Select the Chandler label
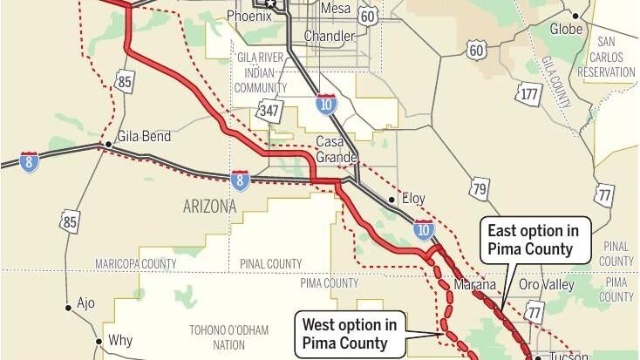tap(329, 37)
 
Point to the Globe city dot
tap(575, 17)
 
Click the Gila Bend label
tap(145, 137)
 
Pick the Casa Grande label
tap(337, 149)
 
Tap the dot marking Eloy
tap(392, 200)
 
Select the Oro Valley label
tap(546, 285)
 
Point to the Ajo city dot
tap(68, 306)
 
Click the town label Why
tap(119, 341)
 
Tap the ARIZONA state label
tap(209, 207)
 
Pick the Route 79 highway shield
tap(479, 188)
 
